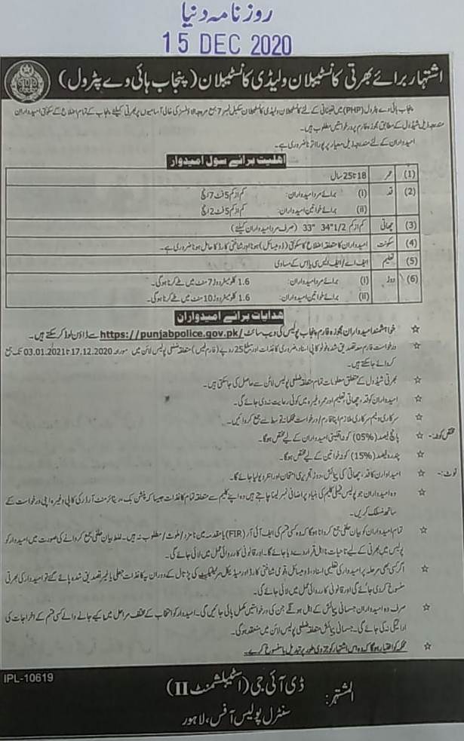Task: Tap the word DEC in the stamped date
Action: (209, 44)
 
